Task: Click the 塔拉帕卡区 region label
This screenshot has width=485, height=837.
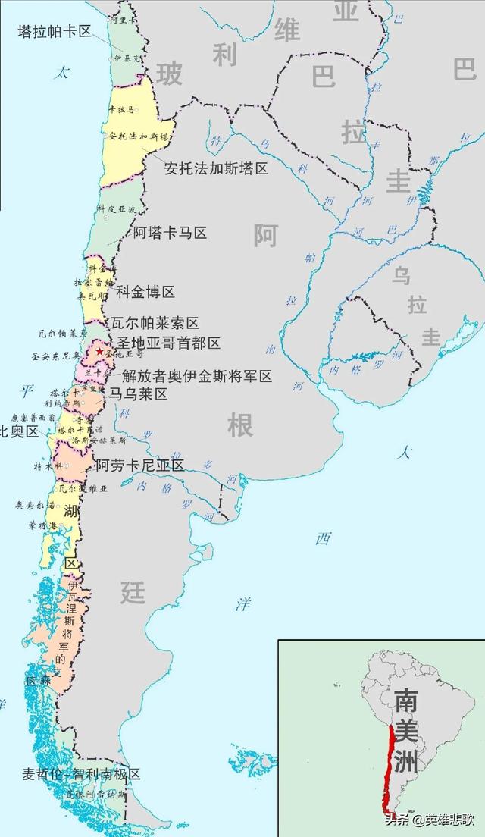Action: click(x=54, y=31)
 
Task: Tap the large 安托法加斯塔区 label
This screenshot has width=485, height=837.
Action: click(x=216, y=168)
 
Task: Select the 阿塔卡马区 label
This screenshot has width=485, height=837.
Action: click(x=170, y=233)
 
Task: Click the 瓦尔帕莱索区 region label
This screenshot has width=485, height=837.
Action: click(x=155, y=323)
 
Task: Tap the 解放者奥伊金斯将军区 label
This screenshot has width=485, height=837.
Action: click(x=196, y=377)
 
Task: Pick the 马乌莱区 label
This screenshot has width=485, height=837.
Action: click(x=137, y=394)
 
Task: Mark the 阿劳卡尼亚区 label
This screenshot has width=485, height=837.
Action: click(x=139, y=466)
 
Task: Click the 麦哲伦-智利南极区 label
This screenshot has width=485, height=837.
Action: click(x=82, y=774)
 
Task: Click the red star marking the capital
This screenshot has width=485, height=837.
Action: click(x=99, y=352)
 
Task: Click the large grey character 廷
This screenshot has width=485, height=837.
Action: click(x=132, y=592)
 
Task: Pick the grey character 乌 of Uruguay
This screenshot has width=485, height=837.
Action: click(x=401, y=275)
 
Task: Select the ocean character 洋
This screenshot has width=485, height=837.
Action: click(x=242, y=604)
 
